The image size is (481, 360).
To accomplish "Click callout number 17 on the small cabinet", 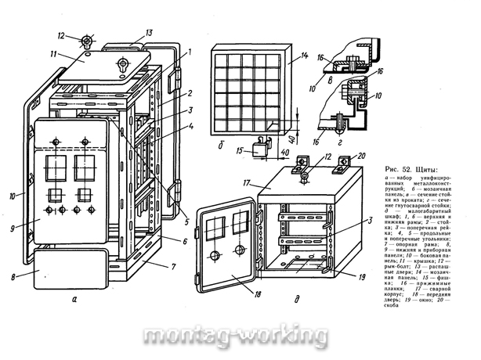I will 245,182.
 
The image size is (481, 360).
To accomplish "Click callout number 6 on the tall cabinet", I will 185,241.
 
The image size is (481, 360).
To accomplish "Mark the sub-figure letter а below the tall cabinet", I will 73,298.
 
